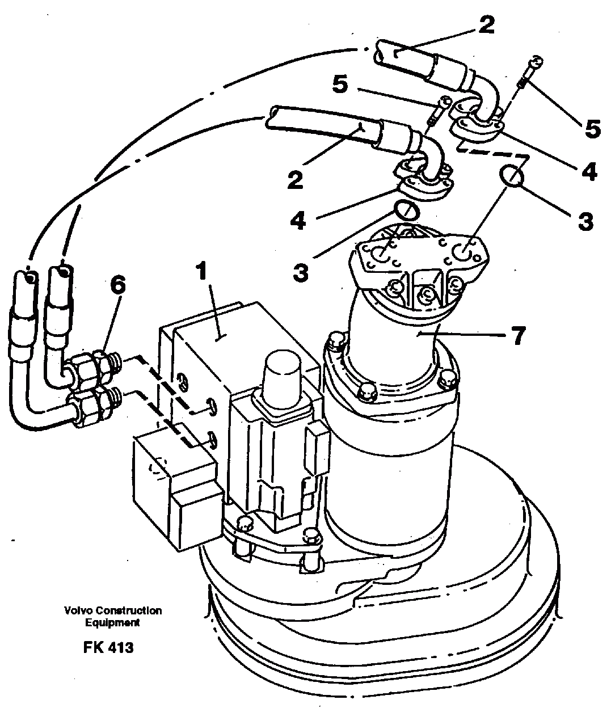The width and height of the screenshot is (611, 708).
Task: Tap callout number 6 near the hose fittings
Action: (117, 285)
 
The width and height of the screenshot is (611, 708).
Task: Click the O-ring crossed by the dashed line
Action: (512, 176)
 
